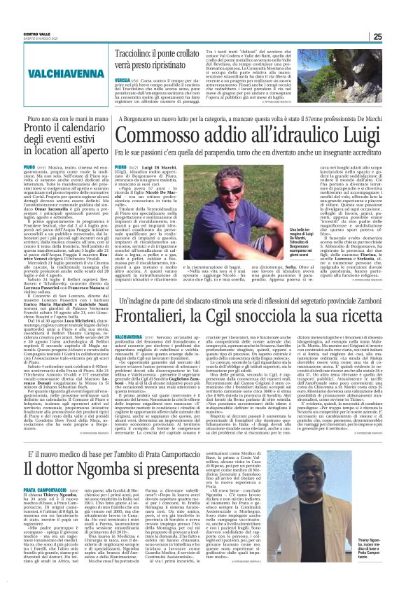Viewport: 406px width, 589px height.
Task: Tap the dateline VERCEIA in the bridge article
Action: tap(121, 80)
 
